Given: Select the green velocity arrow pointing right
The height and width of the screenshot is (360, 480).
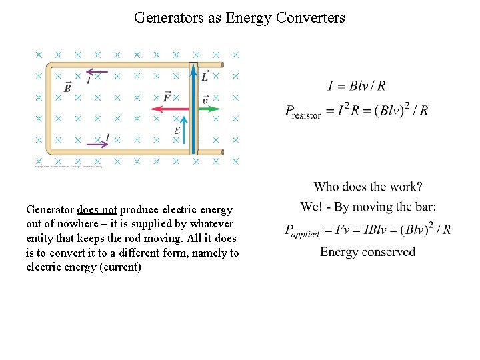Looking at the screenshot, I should [x=208, y=109].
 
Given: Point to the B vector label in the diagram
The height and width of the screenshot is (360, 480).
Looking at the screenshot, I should [x=67, y=87].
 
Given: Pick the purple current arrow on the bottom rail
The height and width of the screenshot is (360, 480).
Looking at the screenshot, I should [x=97, y=141].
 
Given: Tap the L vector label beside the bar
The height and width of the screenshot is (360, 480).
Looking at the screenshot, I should [x=205, y=77].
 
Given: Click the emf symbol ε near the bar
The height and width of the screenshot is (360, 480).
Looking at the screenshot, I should [x=177, y=131].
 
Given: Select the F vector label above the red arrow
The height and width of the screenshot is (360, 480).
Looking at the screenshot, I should [x=167, y=97].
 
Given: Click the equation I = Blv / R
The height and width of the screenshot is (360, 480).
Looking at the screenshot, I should [x=357, y=85].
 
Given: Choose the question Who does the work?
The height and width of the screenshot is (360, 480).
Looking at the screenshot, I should [x=368, y=187].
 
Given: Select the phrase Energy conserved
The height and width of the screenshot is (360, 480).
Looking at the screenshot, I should [x=367, y=252].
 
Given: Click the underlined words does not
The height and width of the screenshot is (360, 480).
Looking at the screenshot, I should [x=97, y=209].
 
